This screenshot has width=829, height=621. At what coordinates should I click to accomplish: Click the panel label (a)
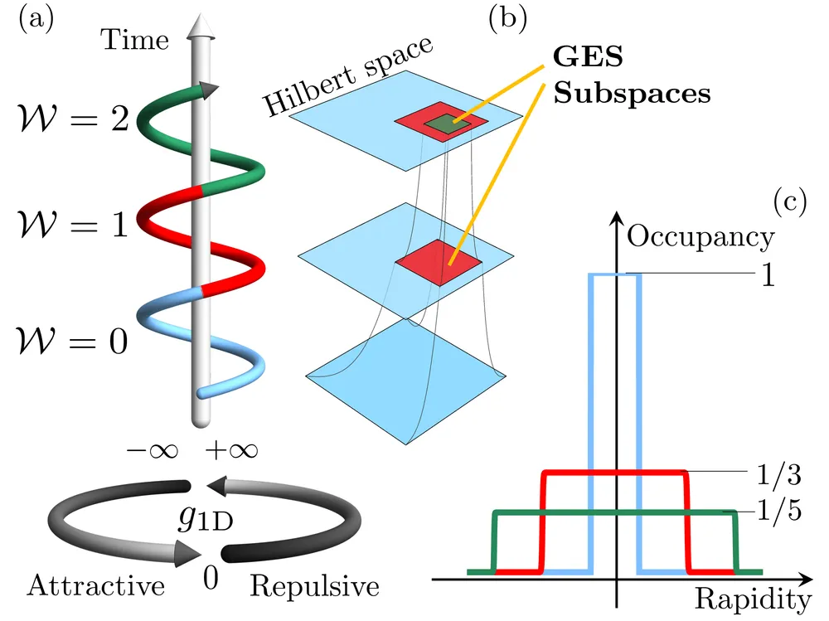[36, 20]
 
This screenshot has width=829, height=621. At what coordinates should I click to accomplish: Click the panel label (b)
[507, 20]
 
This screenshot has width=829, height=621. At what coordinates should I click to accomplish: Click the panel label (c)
[790, 201]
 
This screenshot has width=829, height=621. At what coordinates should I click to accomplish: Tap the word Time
[135, 40]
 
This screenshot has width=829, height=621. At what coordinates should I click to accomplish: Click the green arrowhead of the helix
[210, 91]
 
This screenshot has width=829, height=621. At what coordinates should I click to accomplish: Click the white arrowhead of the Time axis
[201, 27]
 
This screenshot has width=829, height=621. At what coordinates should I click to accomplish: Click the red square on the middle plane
[439, 262]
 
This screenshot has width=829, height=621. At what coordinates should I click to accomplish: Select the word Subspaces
[632, 94]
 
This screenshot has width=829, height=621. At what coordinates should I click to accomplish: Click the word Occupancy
[701, 237]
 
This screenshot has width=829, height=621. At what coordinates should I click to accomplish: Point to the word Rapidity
[753, 599]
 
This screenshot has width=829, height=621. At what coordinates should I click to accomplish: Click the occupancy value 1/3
[779, 474]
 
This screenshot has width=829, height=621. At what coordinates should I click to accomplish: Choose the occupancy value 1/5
[779, 511]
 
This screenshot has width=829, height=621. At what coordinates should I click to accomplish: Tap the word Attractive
[96, 585]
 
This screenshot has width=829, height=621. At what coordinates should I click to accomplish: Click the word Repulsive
[314, 586]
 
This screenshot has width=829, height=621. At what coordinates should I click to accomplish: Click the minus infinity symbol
[153, 451]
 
